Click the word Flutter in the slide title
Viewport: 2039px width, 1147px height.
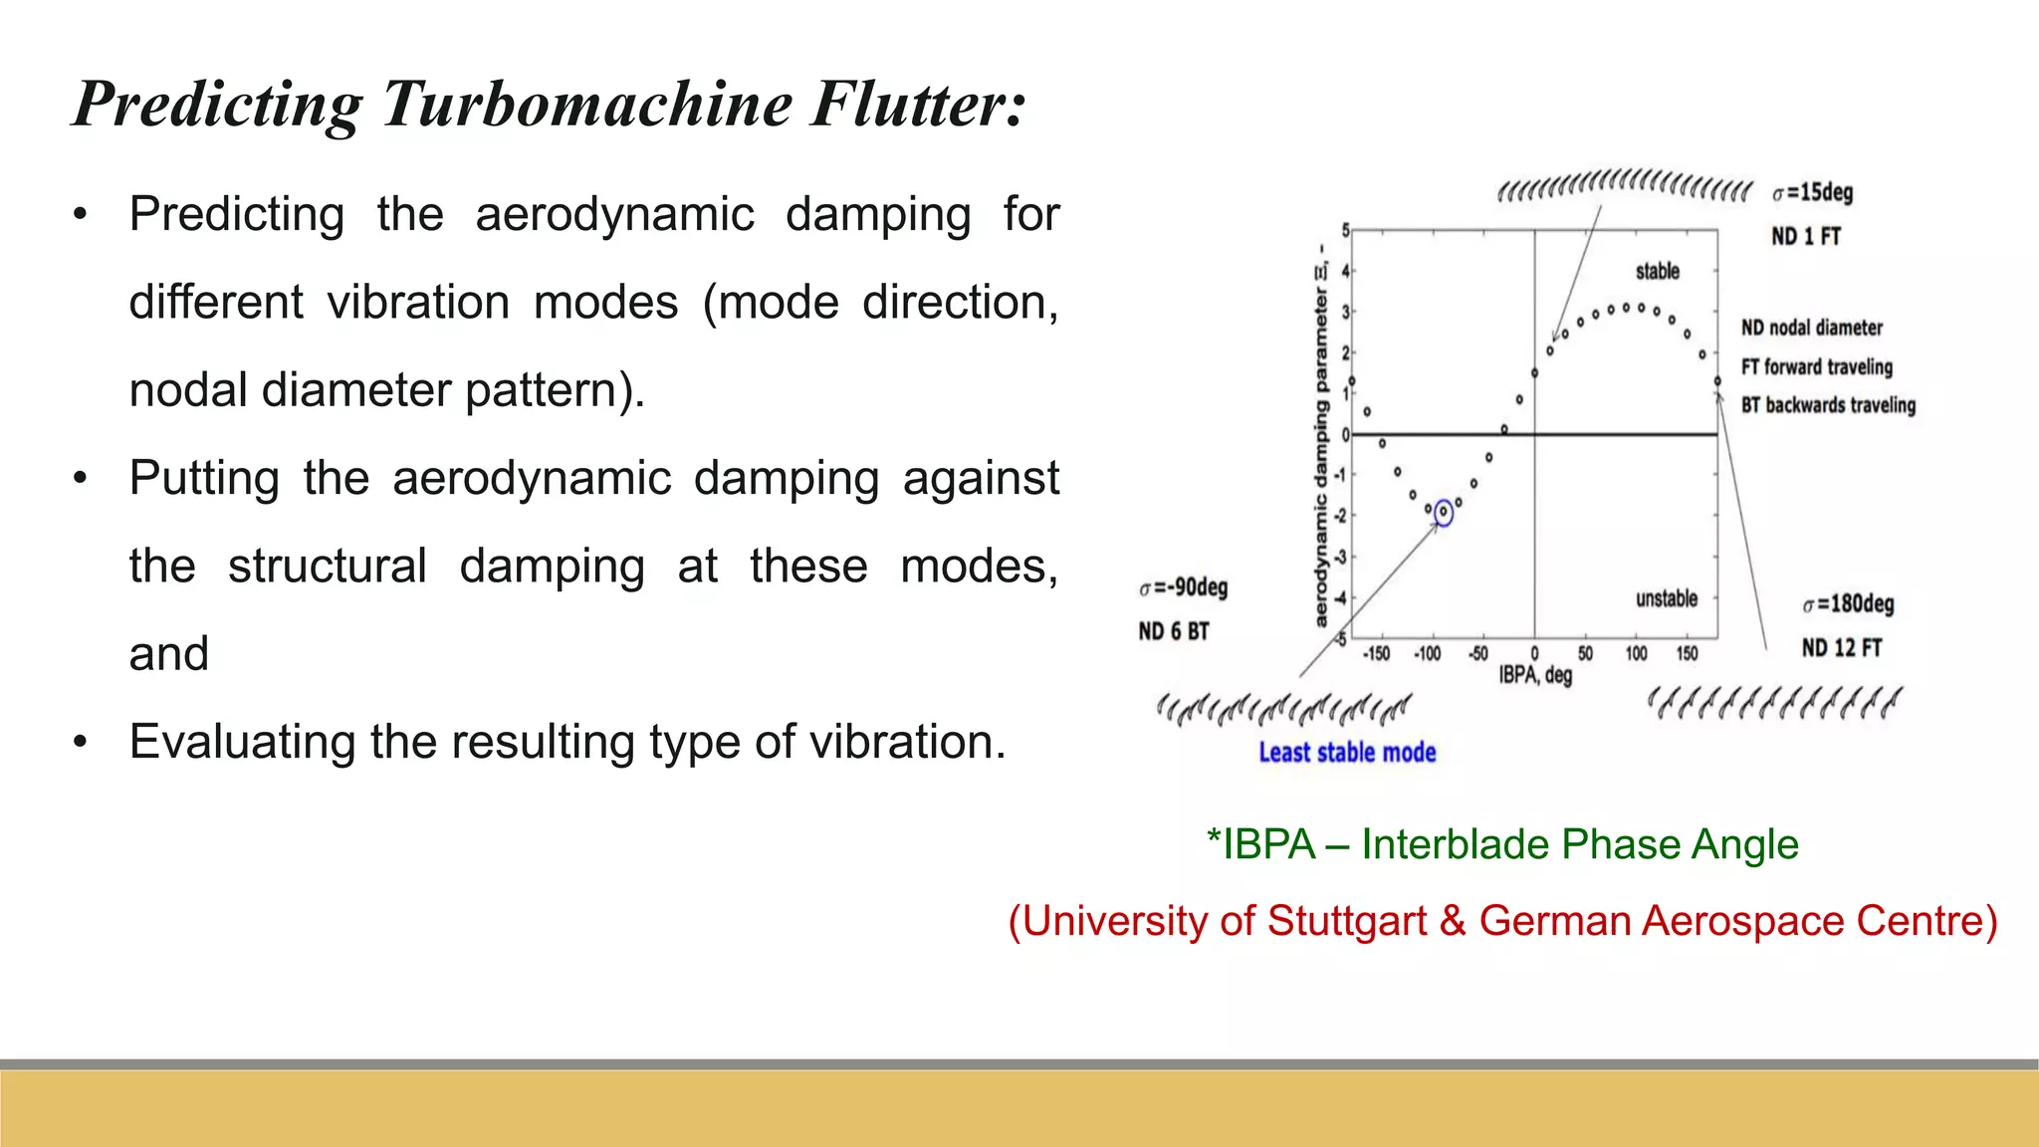click(917, 104)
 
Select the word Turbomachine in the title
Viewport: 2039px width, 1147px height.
click(587, 104)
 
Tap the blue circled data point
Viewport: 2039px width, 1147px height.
click(1444, 512)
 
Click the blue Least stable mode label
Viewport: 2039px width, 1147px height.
click(1347, 753)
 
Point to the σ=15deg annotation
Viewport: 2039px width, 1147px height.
click(1813, 192)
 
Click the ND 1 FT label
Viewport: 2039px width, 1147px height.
click(1806, 236)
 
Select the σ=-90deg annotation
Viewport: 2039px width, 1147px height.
click(1184, 587)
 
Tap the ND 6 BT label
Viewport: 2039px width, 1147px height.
click(1174, 631)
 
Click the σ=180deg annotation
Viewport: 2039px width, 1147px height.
click(1849, 603)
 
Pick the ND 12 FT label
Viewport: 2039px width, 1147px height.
click(1842, 648)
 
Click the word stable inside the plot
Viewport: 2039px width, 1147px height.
click(1658, 271)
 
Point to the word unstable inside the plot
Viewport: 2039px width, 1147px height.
click(1667, 598)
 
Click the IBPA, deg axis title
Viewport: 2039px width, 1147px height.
click(1535, 675)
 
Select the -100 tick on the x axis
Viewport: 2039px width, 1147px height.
click(1428, 654)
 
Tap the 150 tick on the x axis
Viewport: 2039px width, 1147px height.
click(1687, 654)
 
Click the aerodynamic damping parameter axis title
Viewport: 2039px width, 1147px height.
click(1321, 438)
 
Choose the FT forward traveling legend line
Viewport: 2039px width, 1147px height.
click(1817, 366)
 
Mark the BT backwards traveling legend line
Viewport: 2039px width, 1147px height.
click(1828, 405)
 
